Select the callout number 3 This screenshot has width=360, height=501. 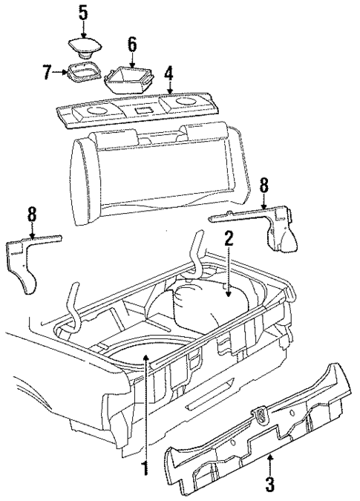click(270, 487)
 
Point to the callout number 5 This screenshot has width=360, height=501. click(83, 12)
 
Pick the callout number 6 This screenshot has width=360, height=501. click(132, 44)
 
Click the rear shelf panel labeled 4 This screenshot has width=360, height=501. click(141, 108)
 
